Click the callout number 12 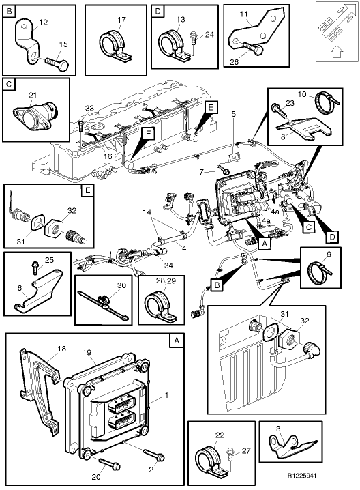click(42, 23)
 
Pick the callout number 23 click(289, 102)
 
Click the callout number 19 click(87, 353)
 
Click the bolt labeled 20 click(110, 463)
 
